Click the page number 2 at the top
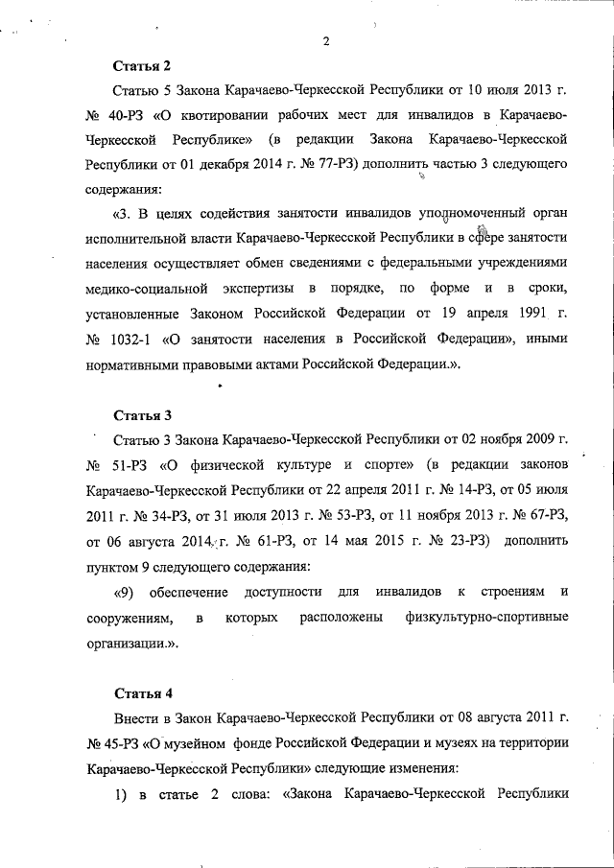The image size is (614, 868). click(x=327, y=40)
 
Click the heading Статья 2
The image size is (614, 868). click(x=142, y=66)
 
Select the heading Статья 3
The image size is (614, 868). click(x=142, y=415)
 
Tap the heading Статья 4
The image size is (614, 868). click(x=142, y=692)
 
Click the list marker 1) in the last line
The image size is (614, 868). click(x=121, y=793)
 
